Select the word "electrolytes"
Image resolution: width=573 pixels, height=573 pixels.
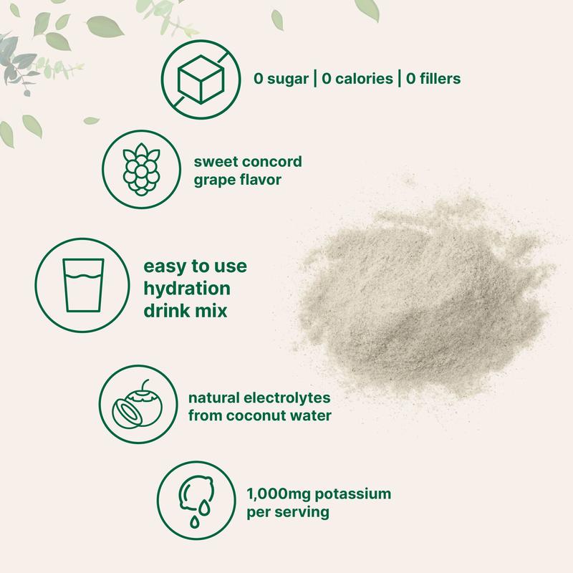[x=276, y=395]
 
